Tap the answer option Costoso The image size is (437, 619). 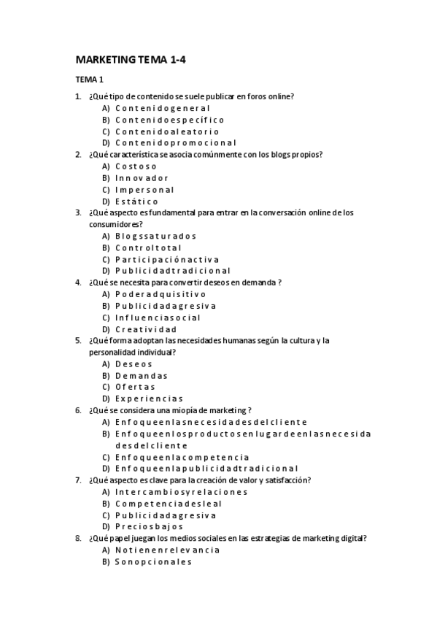136,166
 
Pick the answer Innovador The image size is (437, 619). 142,178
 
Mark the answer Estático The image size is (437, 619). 136,201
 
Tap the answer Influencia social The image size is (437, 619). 158,318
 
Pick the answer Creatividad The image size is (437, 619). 146,329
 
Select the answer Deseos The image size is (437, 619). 134,364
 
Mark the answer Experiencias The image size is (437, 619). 149,399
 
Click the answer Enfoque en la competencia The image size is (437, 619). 182,457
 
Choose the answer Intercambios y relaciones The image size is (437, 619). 181,492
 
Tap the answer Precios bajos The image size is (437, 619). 149,526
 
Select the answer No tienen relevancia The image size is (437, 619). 168,550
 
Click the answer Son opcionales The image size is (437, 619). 153,561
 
